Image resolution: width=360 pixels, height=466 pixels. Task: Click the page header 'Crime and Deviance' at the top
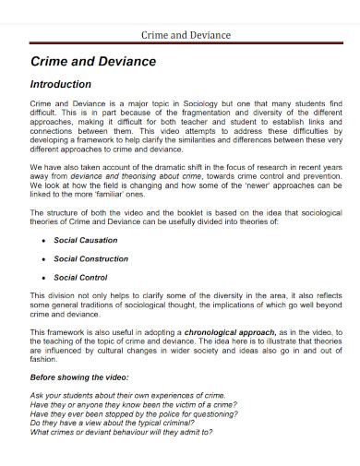tap(185, 35)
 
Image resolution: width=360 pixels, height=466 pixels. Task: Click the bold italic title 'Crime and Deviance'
tap(93, 62)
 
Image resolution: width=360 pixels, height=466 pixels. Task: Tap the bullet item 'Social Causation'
tap(85, 240)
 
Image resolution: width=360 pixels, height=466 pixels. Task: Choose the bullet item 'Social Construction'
tap(90, 258)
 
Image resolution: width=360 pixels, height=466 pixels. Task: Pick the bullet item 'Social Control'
tap(80, 277)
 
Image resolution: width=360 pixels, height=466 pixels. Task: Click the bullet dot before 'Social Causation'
tap(44, 240)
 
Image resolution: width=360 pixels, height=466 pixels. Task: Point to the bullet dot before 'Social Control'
tap(44, 277)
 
